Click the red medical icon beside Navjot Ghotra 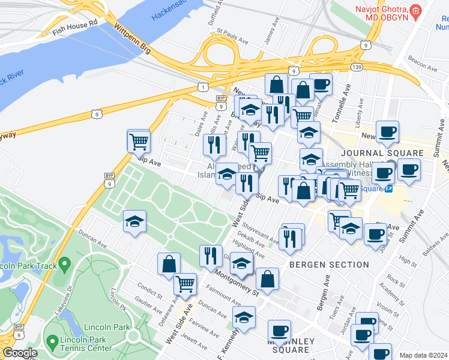[414, 11]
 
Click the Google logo [20, 353]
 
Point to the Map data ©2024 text [423, 355]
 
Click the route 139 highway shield [357, 67]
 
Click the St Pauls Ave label [232, 35]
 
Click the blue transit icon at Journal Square [389, 189]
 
